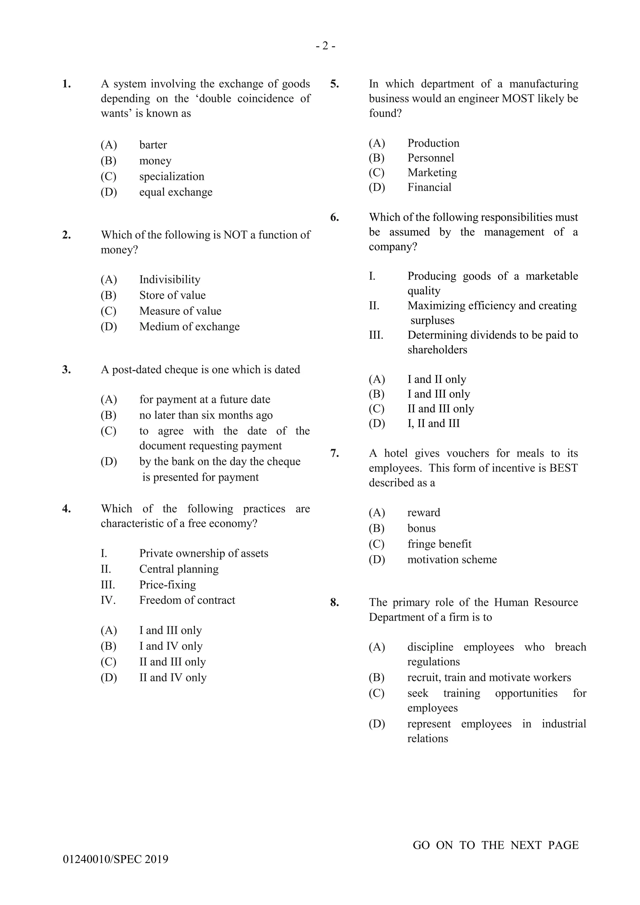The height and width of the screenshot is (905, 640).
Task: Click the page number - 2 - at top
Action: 326,47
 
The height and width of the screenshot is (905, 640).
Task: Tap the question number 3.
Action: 67,370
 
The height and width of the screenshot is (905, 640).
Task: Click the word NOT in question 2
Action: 235,235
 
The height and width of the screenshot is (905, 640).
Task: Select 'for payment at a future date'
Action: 205,399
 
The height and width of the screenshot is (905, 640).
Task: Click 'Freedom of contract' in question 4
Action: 187,600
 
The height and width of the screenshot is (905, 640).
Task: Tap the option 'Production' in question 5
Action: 433,143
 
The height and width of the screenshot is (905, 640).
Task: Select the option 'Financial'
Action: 429,187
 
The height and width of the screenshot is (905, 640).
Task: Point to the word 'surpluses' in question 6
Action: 432,320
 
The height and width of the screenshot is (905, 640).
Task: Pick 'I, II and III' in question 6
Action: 433,423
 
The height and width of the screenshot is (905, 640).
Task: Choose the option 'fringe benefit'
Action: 439,544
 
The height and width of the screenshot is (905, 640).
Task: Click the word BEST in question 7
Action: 563,468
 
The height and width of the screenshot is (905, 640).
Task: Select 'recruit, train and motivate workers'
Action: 489,677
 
